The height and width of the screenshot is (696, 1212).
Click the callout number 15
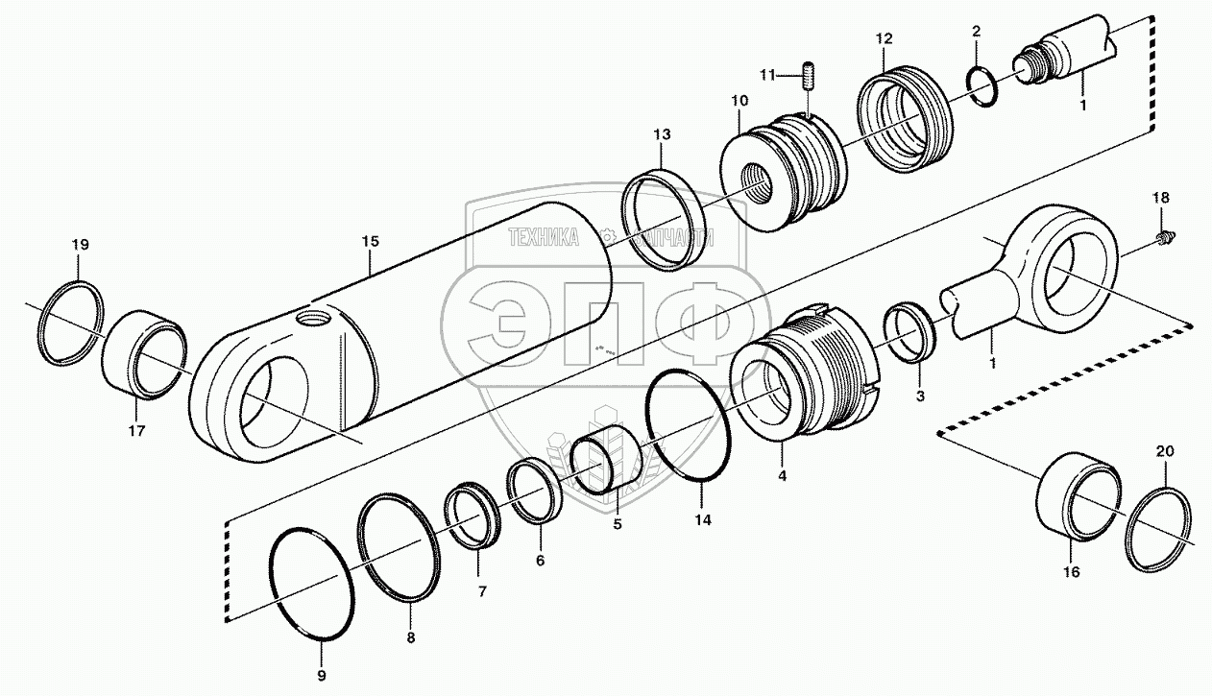pyautogui.click(x=371, y=242)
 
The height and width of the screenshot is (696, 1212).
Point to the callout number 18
pyautogui.click(x=1161, y=198)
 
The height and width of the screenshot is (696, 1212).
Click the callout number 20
pyautogui.click(x=1164, y=451)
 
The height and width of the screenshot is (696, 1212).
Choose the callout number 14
pyautogui.click(x=703, y=520)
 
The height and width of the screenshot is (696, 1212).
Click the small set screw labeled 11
pyautogui.click(x=808, y=74)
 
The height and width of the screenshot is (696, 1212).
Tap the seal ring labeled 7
pyautogui.click(x=470, y=515)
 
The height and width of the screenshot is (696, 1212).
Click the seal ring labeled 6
pyautogui.click(x=535, y=492)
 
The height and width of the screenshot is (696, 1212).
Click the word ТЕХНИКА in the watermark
pyautogui.click(x=544, y=237)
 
